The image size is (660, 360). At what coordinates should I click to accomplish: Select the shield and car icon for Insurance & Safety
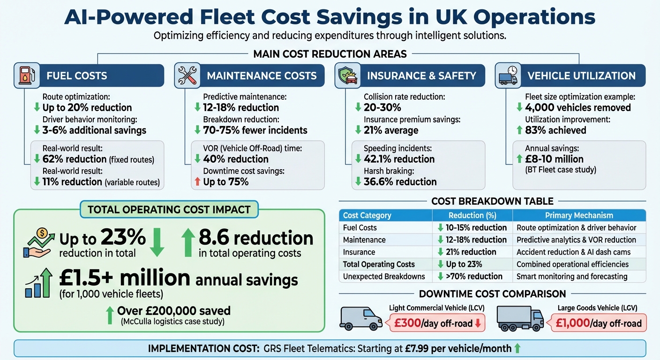pyautogui.click(x=345, y=75)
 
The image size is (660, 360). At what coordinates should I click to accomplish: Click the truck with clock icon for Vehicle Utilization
pyautogui.click(x=506, y=75)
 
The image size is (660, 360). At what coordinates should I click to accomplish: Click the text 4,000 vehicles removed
pyautogui.click(x=577, y=108)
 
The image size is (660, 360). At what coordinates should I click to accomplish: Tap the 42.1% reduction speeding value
pyautogui.click(x=399, y=159)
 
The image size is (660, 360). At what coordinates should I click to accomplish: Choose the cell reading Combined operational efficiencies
pyautogui.click(x=572, y=264)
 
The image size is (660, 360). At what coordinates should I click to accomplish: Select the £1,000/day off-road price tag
pyautogui.click(x=598, y=323)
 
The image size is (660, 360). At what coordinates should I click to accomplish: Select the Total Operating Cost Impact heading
pyautogui.click(x=169, y=210)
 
